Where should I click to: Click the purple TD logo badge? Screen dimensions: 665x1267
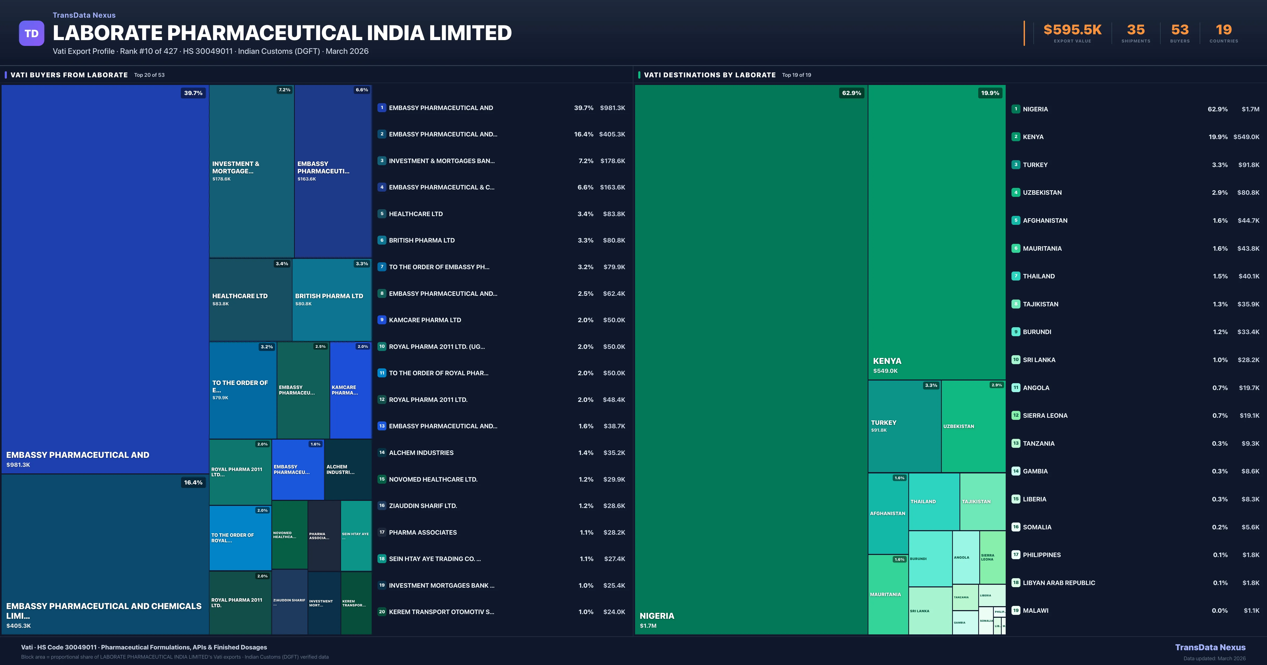click(31, 34)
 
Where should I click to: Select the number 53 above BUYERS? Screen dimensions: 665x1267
click(1179, 30)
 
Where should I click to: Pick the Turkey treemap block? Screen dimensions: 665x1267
click(904, 426)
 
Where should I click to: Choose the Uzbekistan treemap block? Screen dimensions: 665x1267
click(973, 426)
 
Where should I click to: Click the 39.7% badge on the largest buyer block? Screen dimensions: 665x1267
click(193, 93)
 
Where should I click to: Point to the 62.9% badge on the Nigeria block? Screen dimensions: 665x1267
click(851, 93)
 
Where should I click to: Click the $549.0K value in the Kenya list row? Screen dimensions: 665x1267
click(1246, 137)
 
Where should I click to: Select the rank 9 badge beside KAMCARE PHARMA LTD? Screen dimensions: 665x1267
click(382, 320)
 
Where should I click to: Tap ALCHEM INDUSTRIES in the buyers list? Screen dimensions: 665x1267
click(421, 453)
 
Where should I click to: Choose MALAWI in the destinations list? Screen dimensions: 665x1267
click(1035, 610)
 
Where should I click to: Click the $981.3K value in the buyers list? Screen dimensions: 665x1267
click(612, 108)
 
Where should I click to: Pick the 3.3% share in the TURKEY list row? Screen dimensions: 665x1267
click(1219, 165)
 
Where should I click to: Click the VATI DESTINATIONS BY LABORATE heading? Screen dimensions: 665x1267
click(709, 75)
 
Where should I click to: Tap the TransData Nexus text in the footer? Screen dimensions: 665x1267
click(1210, 647)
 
